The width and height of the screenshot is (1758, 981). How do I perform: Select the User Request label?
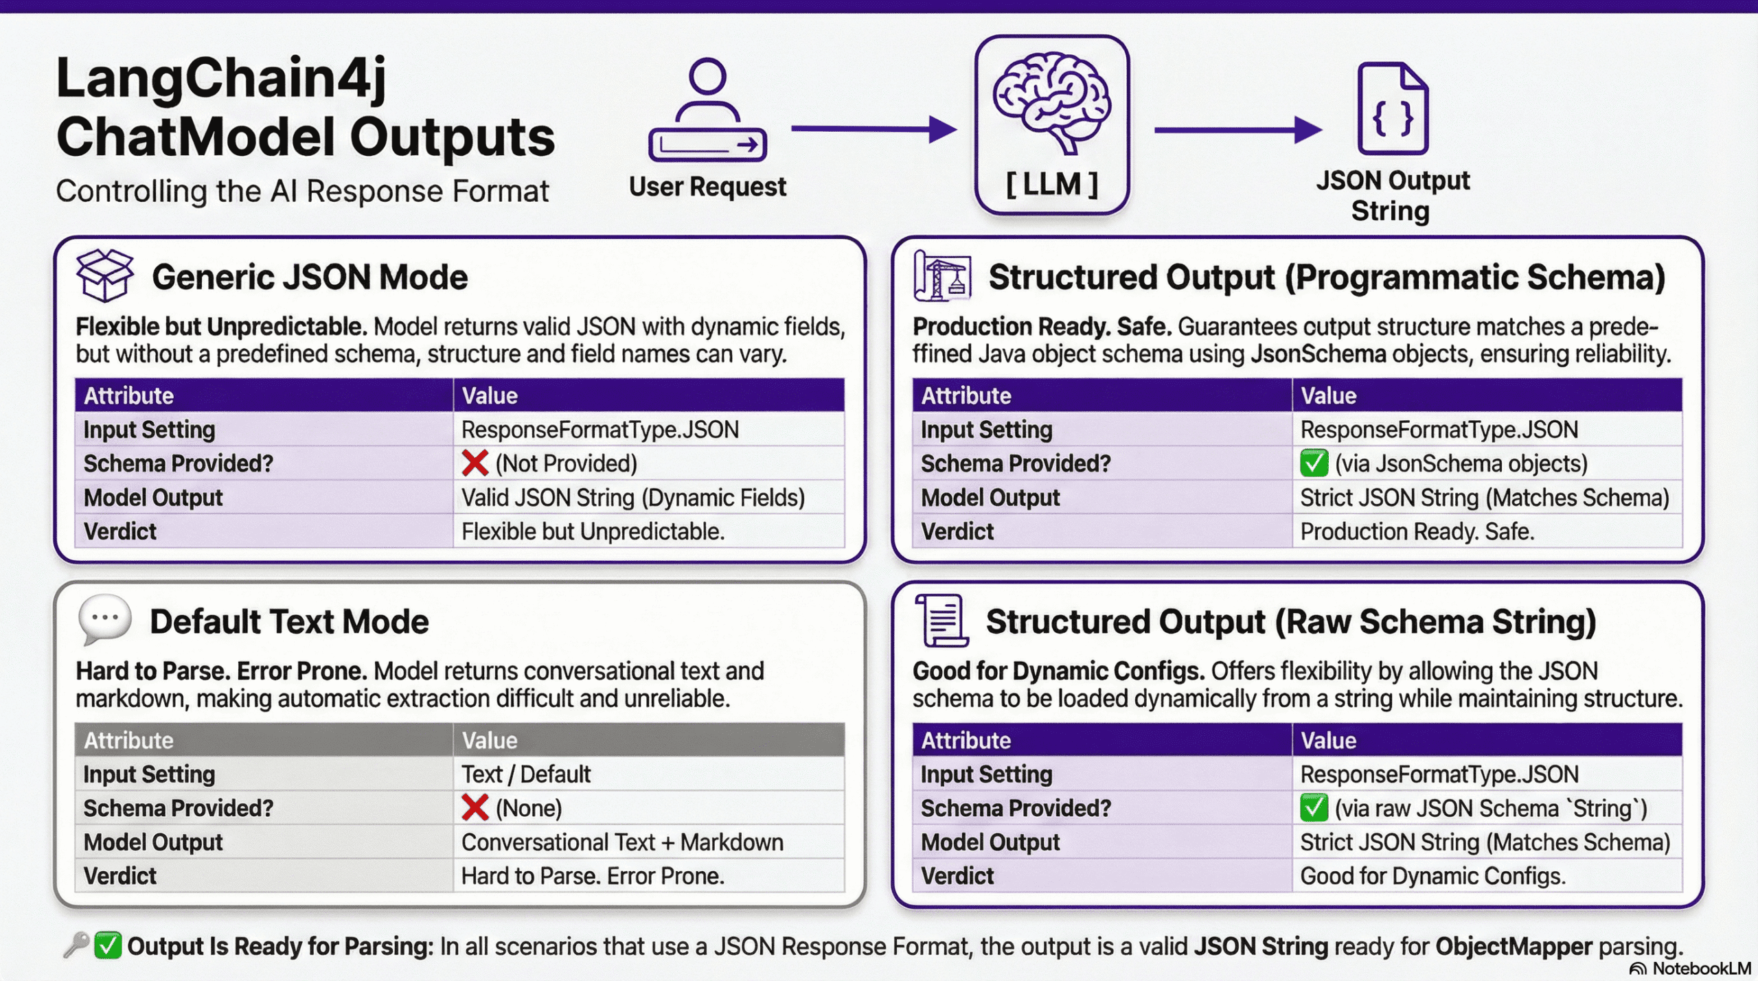coord(707,187)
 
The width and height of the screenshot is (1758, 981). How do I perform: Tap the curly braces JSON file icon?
coord(1393,109)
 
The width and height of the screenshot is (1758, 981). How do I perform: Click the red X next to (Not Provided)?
coord(475,463)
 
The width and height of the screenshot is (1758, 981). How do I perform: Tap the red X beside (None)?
coord(475,808)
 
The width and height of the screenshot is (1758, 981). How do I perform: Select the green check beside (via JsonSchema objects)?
coord(1314,463)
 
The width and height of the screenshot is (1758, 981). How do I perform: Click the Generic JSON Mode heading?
coord(310,277)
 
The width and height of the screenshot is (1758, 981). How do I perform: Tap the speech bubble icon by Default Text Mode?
coord(104,619)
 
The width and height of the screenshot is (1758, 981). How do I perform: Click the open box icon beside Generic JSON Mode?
coord(104,275)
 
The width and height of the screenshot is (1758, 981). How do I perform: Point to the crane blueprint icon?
coord(942,276)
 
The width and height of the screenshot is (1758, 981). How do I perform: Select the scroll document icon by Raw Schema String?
coord(942,621)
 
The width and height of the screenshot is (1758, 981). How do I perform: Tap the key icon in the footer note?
coord(76,945)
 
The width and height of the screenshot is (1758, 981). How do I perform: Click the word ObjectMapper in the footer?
coord(1514,947)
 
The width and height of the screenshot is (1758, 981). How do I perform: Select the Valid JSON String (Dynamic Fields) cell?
coord(632,498)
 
